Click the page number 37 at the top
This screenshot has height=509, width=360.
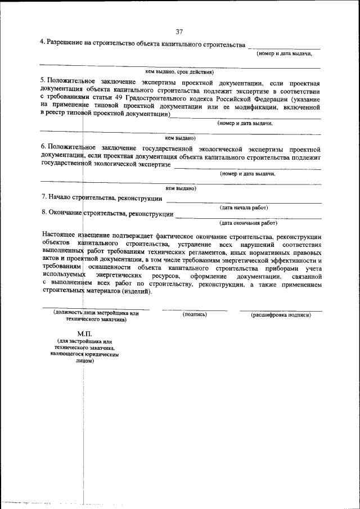click(x=179, y=31)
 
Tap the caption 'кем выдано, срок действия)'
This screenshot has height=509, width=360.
click(x=179, y=72)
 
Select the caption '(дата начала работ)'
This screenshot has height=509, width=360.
click(x=244, y=208)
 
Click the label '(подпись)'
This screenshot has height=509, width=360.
click(x=195, y=314)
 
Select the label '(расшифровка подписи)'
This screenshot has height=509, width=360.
click(x=281, y=315)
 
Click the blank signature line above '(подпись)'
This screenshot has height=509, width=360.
click(x=195, y=310)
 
